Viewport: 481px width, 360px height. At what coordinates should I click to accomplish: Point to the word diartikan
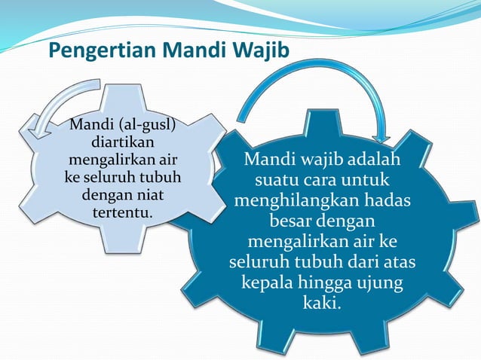pyautogui.click(x=123, y=142)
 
